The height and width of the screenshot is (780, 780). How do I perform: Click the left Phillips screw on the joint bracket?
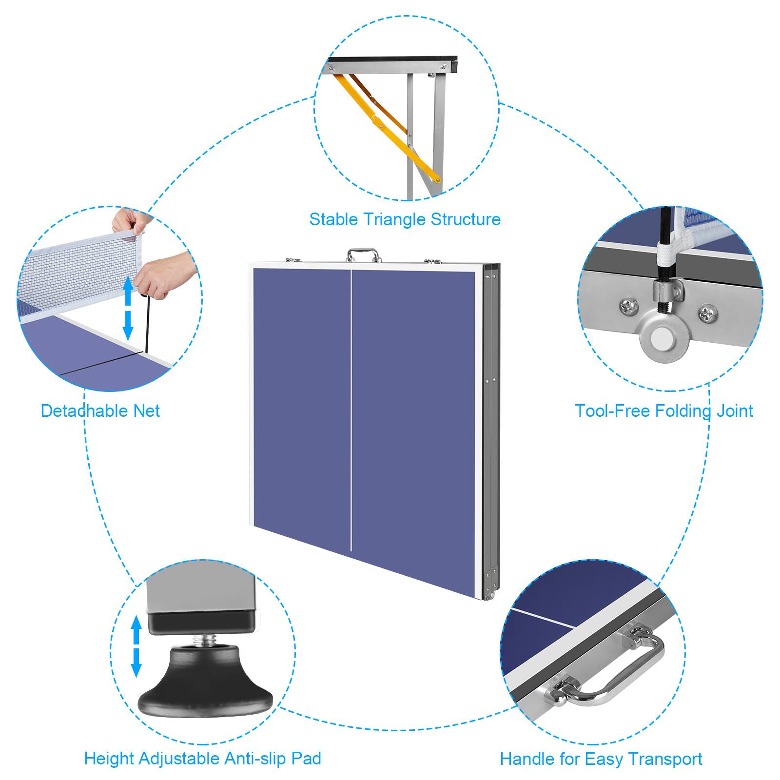coord(627,306)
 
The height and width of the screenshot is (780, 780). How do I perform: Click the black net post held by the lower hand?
coord(146,322)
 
